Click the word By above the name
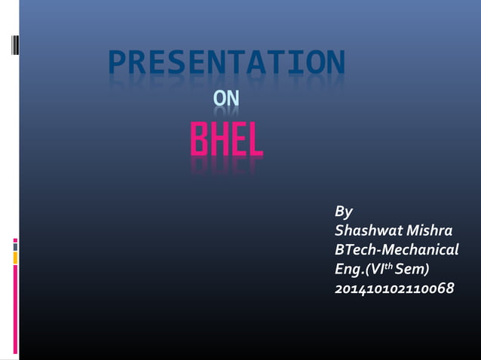(x=344, y=211)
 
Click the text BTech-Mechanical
(x=397, y=249)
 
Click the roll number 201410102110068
(x=394, y=288)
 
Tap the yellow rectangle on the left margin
(x=15, y=258)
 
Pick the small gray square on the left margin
(x=15, y=246)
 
